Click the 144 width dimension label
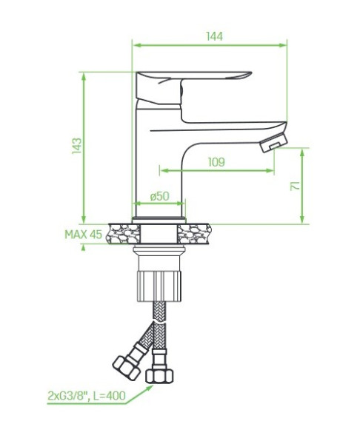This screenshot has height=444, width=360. coord(214,36)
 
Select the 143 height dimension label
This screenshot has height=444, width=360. coord(76,146)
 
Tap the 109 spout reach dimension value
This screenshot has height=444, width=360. coord(216,162)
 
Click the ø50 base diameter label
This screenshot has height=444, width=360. coord(159,196)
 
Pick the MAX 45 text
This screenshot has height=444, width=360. coord(84,235)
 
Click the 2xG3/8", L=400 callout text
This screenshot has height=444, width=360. coord(87,396)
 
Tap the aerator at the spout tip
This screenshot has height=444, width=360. coord(274,142)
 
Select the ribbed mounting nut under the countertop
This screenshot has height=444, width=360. coord(159,286)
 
